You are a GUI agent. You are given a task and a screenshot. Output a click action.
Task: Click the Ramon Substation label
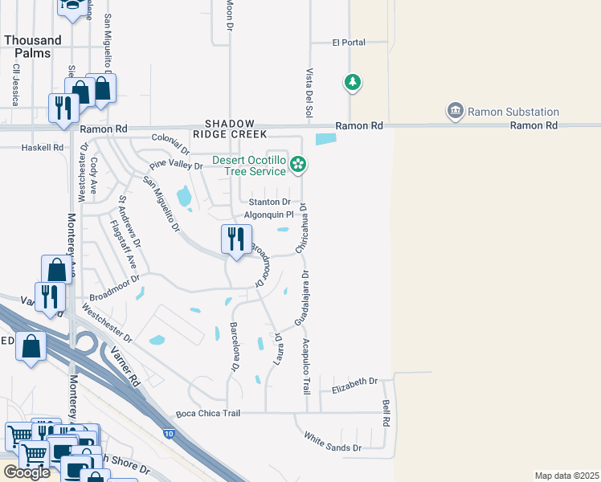tap(513, 112)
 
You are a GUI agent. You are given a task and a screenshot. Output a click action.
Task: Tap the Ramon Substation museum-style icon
tap(456, 110)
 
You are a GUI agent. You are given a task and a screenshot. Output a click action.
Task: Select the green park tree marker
tap(352, 81)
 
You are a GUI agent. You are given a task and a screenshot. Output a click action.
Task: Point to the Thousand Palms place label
tap(32, 47)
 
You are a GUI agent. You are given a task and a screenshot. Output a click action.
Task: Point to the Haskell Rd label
tap(43, 148)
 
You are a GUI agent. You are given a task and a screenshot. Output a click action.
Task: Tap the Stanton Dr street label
tap(268, 202)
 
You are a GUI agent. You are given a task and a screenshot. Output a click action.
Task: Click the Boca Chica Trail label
tap(208, 414)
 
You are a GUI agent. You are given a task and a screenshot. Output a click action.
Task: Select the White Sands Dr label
tap(332, 441)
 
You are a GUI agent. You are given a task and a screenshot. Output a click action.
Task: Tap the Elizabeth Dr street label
tap(354, 385)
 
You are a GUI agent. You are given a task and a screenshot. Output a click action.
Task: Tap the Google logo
tap(27, 472)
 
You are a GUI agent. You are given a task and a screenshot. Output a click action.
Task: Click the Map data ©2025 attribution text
tap(566, 476)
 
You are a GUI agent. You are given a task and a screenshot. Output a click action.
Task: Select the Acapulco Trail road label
tap(306, 366)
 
